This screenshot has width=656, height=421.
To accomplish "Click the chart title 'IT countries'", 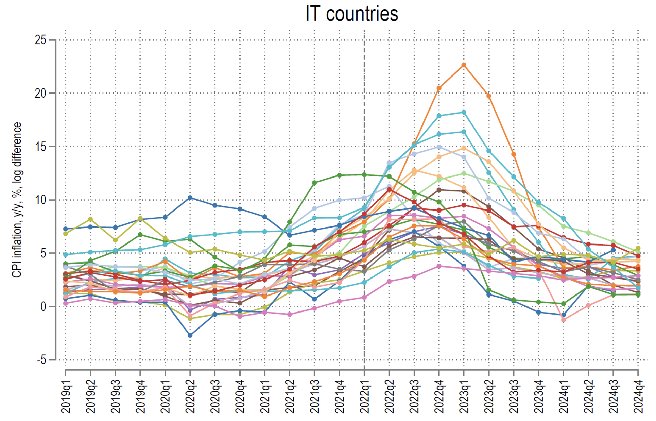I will click(x=351, y=14).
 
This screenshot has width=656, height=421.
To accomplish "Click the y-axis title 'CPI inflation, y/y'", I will click(x=17, y=200).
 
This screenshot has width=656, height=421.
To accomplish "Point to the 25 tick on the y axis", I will click(x=40, y=40).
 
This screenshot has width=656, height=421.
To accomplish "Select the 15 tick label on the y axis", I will click(x=40, y=147).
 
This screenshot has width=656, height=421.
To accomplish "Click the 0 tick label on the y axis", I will click(x=43, y=306).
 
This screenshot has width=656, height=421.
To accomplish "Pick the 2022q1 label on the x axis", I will click(x=364, y=397).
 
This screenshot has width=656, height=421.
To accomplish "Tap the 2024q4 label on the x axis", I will click(x=638, y=397).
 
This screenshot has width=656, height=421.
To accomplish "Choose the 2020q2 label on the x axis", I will click(x=190, y=397).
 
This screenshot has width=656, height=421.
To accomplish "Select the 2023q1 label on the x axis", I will click(x=464, y=397).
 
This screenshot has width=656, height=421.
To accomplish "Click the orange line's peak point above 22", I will click(x=464, y=65).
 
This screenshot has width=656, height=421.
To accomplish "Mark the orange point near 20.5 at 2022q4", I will click(x=439, y=88).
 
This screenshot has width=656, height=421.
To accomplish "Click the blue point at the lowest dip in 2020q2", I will click(x=190, y=335).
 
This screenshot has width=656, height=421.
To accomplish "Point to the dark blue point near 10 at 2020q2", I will click(x=190, y=198).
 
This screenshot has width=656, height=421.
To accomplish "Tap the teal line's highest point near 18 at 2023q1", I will click(x=464, y=112).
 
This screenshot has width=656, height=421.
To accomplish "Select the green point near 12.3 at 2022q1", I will click(x=364, y=175).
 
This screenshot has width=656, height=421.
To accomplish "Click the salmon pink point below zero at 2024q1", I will click(x=564, y=320).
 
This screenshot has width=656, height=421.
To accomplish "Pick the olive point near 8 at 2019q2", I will click(x=90, y=219).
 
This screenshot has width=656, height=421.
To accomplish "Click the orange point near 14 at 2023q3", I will click(x=514, y=154).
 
